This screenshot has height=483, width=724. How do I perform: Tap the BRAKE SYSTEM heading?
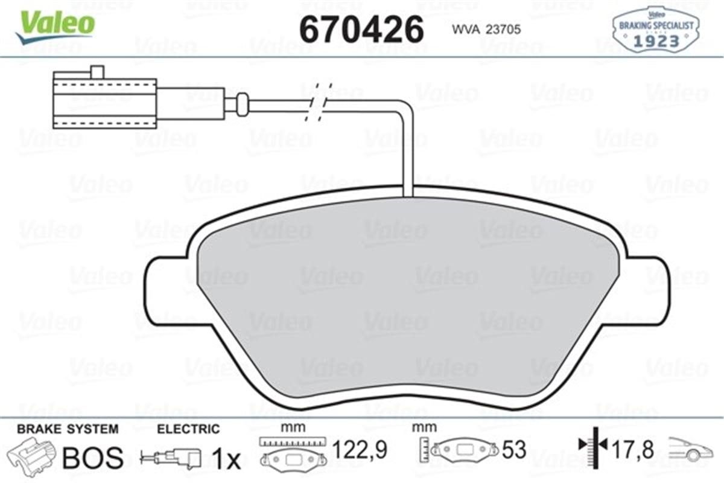tap(68, 429)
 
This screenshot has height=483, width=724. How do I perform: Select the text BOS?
tap(94, 457)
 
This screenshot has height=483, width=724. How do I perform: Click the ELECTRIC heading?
tap(188, 429)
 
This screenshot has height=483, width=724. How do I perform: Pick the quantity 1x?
tap(226, 460)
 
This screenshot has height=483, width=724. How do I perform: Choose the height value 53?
tap(514, 450)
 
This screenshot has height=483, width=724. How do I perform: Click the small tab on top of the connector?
tap(96, 72)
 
